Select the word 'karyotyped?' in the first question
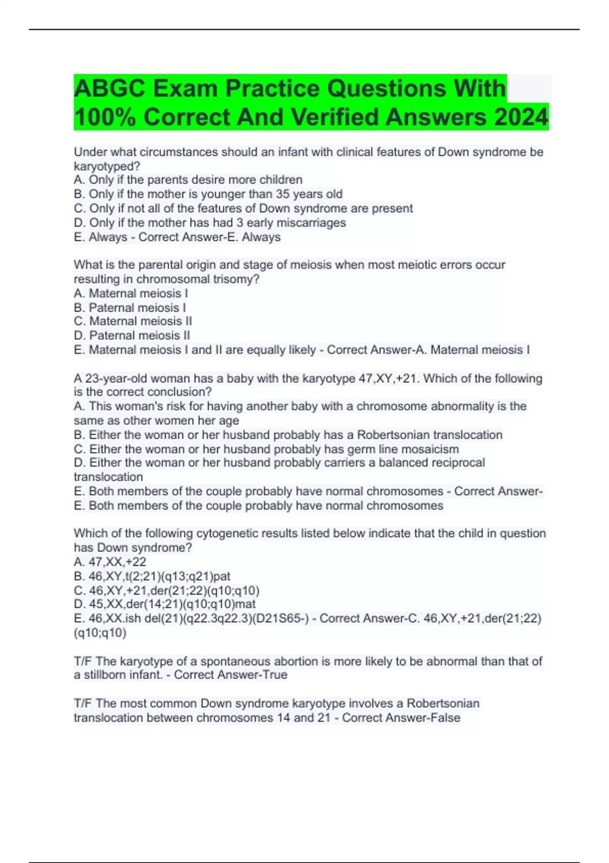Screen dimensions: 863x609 [x=107, y=166]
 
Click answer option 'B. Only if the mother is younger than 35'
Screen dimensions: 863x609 [x=208, y=194]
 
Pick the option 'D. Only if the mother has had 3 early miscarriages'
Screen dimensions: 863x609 [x=210, y=222]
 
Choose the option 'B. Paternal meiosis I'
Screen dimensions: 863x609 [x=130, y=308]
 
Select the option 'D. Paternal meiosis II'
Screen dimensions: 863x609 [x=132, y=336]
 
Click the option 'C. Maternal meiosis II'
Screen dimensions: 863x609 [x=133, y=321]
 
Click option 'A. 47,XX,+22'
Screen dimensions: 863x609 [x=110, y=562]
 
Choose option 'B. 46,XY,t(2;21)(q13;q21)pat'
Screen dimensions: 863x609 [x=152, y=576]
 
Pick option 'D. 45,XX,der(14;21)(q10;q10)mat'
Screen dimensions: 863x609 [x=164, y=604]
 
